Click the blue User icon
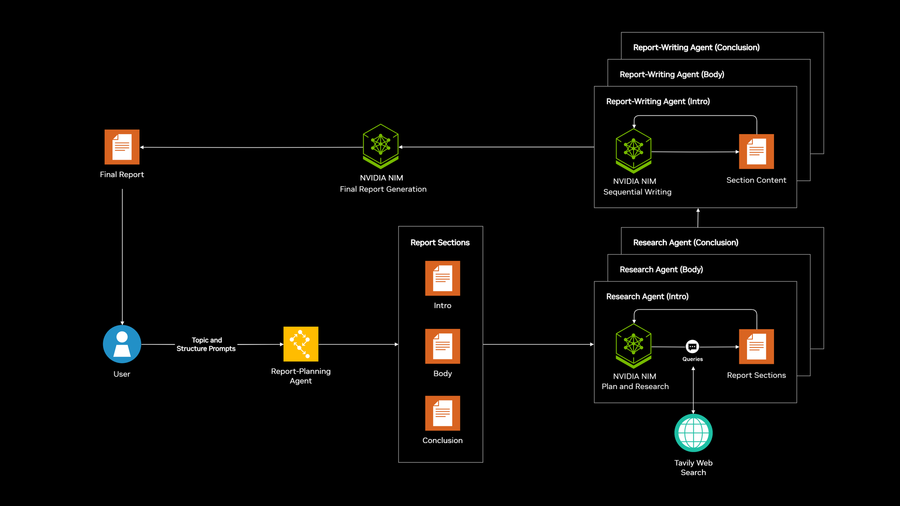pos(122,344)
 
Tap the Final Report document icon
pos(122,147)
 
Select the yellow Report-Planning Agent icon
pos(301,344)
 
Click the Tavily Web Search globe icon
pos(693,433)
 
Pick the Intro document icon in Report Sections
pos(442,278)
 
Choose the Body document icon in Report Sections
pos(442,346)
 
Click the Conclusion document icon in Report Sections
pos(442,413)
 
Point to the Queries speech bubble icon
pos(692,347)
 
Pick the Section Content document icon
pos(756,152)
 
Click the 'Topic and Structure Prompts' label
pos(206,344)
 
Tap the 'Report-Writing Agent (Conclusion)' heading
pos(696,47)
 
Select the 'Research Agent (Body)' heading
pos(661,269)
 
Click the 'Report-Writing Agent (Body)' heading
pos(672,74)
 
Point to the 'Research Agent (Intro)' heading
pos(647,296)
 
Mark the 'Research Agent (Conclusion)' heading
pos(685,242)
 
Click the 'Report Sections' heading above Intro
pos(440,242)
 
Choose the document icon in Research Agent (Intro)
pos(756,346)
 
